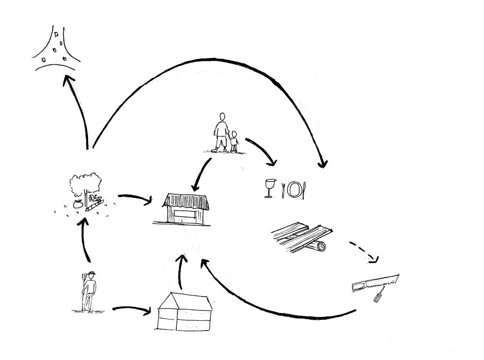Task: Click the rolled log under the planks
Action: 316,246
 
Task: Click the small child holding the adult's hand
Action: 234,142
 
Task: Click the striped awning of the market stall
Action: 186,201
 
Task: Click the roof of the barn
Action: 185,301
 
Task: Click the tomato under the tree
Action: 77,204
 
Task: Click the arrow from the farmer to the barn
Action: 131,310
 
